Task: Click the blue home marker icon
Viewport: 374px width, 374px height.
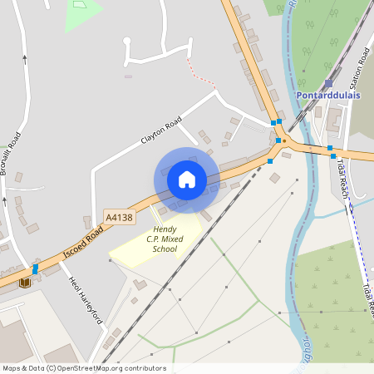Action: (187, 180)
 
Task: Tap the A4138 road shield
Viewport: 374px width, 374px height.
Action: (119, 218)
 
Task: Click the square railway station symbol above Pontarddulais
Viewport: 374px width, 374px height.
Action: (328, 83)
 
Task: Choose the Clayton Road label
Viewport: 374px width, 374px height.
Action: (161, 132)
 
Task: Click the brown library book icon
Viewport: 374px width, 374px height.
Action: (24, 282)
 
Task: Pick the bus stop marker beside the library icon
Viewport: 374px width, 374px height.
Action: (35, 269)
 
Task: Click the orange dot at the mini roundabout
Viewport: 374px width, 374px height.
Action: (284, 140)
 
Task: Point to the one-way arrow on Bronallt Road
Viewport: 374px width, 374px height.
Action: (25, 60)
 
